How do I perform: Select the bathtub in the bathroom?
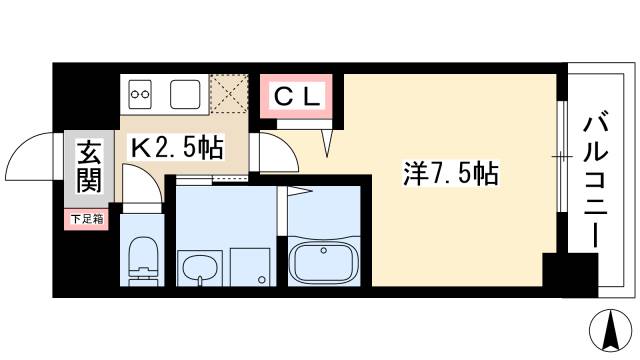[x=323, y=261]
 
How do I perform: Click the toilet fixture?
[x=143, y=262]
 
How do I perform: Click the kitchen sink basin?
[x=186, y=96]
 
